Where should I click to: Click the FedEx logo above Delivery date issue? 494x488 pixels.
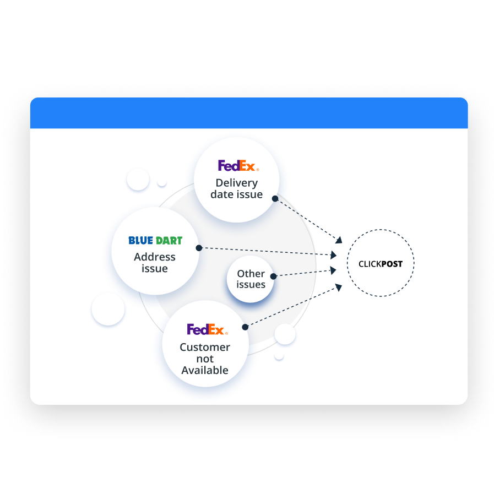tap(238, 165)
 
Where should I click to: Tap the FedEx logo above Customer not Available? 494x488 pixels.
tap(207, 329)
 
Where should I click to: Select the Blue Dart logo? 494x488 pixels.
tap(155, 241)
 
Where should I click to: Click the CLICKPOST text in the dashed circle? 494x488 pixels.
tap(380, 264)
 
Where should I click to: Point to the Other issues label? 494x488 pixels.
tap(251, 279)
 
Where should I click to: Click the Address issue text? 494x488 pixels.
tap(155, 263)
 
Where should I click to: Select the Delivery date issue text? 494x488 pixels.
tap(237, 188)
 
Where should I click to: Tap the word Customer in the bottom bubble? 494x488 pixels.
tap(205, 347)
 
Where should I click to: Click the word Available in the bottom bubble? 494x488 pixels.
tap(205, 370)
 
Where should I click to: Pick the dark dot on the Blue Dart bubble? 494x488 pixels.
tap(199, 248)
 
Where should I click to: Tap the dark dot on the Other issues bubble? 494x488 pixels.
tap(274, 275)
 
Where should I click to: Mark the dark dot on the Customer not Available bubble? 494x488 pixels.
tap(245, 327)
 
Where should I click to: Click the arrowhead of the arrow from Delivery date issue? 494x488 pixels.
tap(339, 240)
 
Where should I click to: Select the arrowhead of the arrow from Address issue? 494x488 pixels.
tap(333, 256)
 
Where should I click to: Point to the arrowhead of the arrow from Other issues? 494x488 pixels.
tap(333, 270)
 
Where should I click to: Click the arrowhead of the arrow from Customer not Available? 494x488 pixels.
tap(339, 286)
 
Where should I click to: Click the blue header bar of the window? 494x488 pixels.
tap(248, 113)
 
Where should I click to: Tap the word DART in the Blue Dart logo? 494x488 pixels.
tap(170, 241)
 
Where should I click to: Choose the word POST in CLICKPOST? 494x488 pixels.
tap(392, 264)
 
